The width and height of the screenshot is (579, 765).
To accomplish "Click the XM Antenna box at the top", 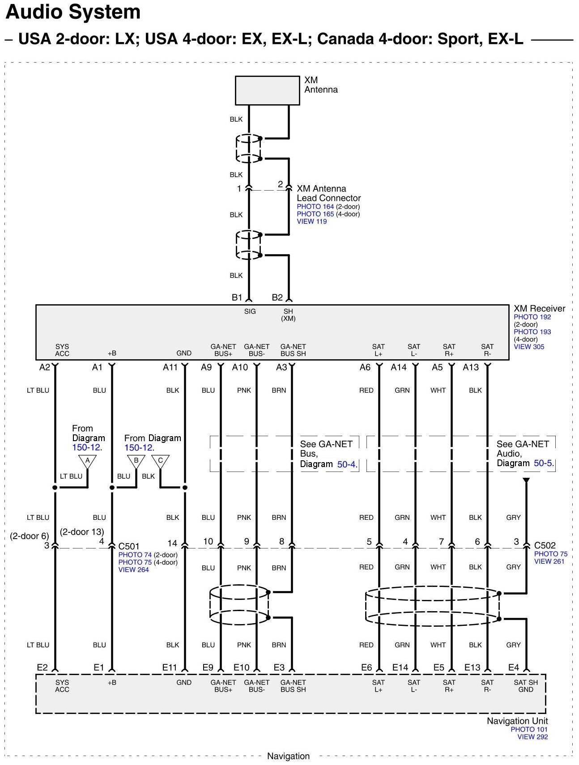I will pyautogui.click(x=267, y=90).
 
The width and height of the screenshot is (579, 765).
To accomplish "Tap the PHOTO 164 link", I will pyautogui.click(x=315, y=207).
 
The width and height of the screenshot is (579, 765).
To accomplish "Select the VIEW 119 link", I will pyautogui.click(x=311, y=221).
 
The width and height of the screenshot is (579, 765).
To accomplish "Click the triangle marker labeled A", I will pyautogui.click(x=87, y=461).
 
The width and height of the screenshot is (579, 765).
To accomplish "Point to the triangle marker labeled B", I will pyautogui.click(x=136, y=461).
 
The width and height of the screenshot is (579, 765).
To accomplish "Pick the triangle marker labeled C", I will pyautogui.click(x=160, y=461).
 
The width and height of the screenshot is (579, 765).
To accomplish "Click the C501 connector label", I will pyautogui.click(x=129, y=546).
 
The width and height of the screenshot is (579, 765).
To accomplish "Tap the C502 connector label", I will pyautogui.click(x=545, y=545).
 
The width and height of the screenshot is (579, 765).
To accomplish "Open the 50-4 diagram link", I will pyautogui.click(x=346, y=464).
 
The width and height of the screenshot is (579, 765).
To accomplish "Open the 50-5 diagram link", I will pyautogui.click(x=543, y=463).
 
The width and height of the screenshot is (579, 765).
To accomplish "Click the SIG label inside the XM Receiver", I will pyautogui.click(x=250, y=311).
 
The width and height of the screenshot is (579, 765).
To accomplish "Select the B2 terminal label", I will pyautogui.click(x=277, y=297).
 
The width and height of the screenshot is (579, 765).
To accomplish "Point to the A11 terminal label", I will pyautogui.click(x=170, y=367).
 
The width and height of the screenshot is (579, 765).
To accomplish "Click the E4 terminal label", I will pyautogui.click(x=513, y=667).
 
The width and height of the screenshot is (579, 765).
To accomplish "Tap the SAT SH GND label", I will pyautogui.click(x=526, y=686).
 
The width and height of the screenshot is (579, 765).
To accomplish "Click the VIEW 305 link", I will pyautogui.click(x=529, y=347).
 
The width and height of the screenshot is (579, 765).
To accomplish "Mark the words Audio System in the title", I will pyautogui.click(x=73, y=12).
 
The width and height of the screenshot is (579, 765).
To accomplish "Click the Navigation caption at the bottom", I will pyautogui.click(x=288, y=756).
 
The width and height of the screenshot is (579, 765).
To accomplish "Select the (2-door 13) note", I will pyautogui.click(x=82, y=531).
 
